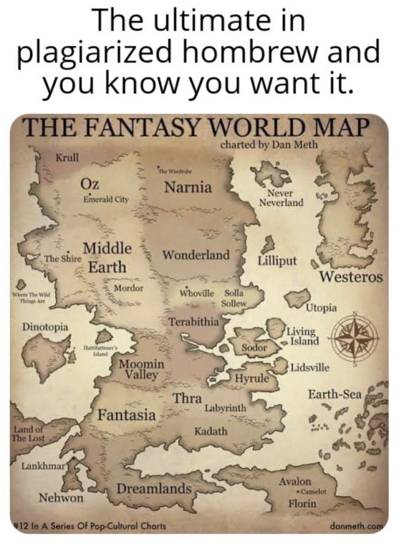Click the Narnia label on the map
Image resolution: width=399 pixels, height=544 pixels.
tap(188, 186)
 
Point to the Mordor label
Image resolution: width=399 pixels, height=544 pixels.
tap(128, 288)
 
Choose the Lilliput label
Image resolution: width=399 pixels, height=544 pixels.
tap(277, 260)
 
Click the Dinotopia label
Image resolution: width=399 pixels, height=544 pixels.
tap(45, 326)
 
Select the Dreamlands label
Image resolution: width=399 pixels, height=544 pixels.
tap(153, 489)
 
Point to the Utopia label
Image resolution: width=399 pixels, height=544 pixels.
tap(322, 307)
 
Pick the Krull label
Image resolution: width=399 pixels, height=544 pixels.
tap(67, 158)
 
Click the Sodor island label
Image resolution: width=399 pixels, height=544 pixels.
tap(254, 347)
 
